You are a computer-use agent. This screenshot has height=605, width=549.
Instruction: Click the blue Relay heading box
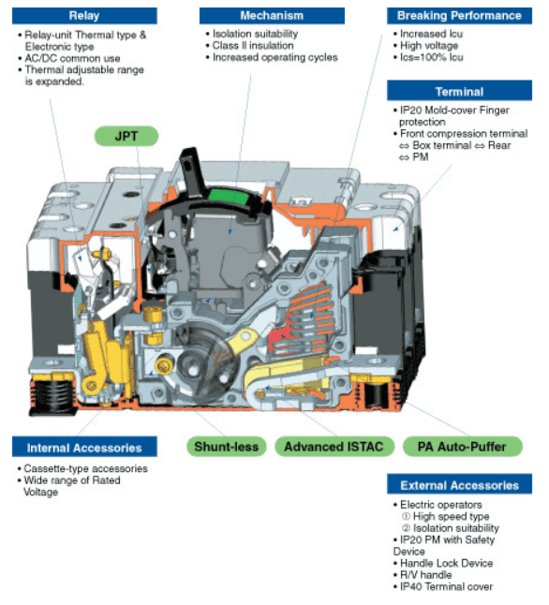point(84,16)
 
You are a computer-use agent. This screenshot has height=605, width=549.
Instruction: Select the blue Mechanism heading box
point(272,16)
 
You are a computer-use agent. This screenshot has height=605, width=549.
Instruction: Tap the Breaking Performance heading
point(459,16)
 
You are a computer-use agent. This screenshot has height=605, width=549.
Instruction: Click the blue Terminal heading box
point(459,92)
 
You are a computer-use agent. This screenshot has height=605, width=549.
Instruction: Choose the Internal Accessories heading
point(84,448)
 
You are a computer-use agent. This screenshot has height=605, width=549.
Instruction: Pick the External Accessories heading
point(459,485)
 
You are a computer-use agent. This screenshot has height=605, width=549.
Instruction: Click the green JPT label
point(126,136)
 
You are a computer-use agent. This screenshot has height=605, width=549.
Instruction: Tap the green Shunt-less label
point(226,447)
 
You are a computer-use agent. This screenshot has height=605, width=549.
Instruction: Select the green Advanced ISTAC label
point(334,447)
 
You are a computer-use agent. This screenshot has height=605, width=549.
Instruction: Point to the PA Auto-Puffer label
point(462,447)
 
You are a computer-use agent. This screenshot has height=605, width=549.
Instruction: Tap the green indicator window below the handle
point(229,198)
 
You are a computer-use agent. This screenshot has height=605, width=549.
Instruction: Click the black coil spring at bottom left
point(52,395)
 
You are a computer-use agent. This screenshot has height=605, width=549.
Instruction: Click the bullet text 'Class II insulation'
point(253,46)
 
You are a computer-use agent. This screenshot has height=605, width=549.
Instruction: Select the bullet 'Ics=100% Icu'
point(428,57)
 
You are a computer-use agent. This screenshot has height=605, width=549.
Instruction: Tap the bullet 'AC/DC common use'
point(69,58)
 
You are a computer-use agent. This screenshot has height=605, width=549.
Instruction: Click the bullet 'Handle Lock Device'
point(443,563)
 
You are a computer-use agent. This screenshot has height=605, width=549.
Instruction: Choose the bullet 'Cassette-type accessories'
point(82,468)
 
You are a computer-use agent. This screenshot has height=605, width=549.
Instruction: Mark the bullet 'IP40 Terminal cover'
point(443,586)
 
